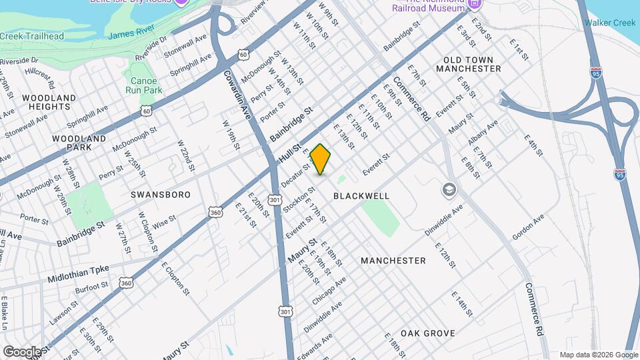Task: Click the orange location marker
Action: (x=321, y=159)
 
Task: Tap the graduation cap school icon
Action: (x=448, y=191)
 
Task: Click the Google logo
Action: (x=22, y=351)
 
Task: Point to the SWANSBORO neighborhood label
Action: (x=160, y=195)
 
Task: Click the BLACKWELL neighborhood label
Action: (x=361, y=196)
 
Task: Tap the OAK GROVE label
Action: (x=428, y=333)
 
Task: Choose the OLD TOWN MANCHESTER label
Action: (x=467, y=64)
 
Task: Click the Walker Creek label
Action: (x=610, y=23)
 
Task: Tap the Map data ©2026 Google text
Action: (x=598, y=355)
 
